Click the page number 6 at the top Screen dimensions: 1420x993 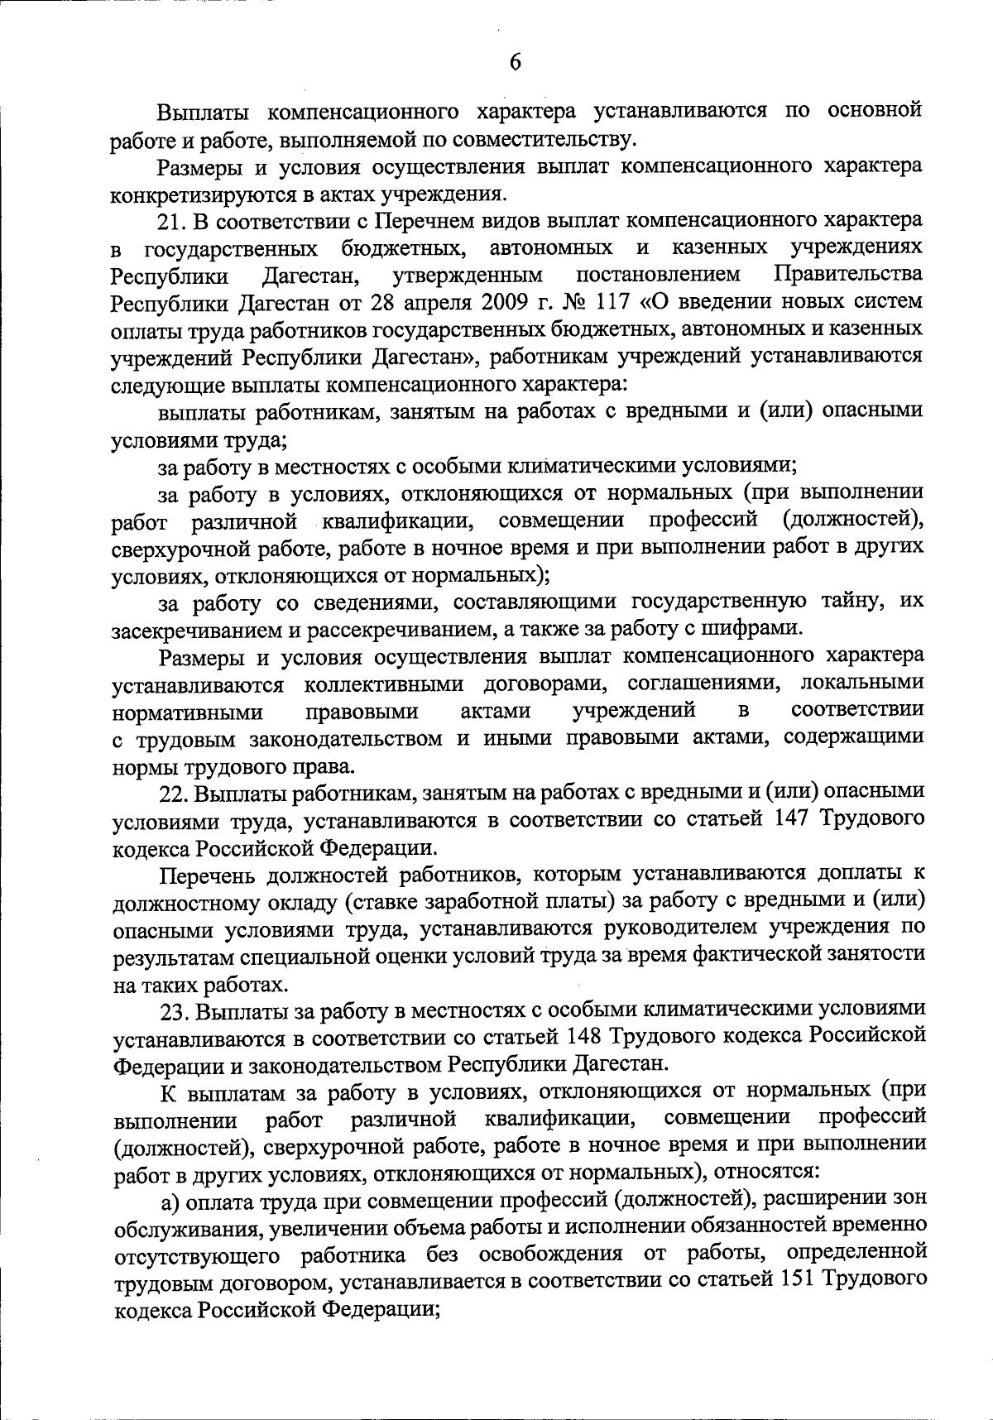(514, 63)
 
